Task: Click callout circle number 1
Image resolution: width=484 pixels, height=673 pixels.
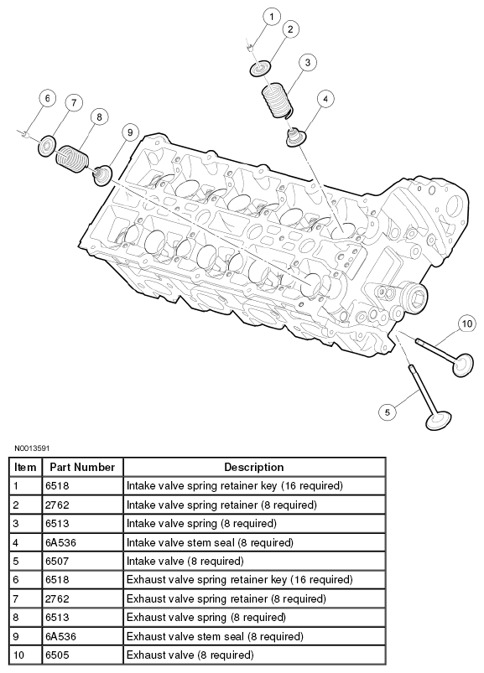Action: click(x=272, y=17)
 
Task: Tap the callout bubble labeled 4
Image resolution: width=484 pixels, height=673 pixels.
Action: click(x=325, y=99)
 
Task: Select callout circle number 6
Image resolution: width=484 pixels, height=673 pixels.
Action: click(x=47, y=98)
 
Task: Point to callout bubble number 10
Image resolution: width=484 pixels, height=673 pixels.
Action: click(x=467, y=324)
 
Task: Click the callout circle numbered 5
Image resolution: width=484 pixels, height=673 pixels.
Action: click(x=388, y=412)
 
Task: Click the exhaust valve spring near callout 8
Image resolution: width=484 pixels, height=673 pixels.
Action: click(x=73, y=158)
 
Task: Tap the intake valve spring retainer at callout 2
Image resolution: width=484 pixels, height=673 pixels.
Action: click(x=261, y=69)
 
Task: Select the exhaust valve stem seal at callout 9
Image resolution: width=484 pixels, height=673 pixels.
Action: click(x=102, y=175)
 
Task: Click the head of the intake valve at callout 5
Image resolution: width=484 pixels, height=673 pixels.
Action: click(x=439, y=420)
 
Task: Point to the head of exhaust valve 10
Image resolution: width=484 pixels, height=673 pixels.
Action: click(x=462, y=365)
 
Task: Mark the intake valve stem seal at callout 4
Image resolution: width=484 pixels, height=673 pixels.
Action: click(x=295, y=137)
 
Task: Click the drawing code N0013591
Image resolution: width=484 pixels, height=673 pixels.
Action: click(x=32, y=448)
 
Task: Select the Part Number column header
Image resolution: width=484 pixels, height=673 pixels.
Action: click(x=82, y=467)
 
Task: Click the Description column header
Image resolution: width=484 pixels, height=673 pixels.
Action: click(x=254, y=467)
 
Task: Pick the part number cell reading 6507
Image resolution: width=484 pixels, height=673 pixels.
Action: click(x=57, y=561)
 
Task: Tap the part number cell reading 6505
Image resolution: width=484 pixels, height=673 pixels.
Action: click(x=57, y=655)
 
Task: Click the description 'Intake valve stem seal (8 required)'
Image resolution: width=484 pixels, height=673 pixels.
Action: click(x=210, y=542)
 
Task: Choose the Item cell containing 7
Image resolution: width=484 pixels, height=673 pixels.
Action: click(x=16, y=598)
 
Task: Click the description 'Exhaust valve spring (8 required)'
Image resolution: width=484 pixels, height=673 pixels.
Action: click(x=206, y=618)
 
